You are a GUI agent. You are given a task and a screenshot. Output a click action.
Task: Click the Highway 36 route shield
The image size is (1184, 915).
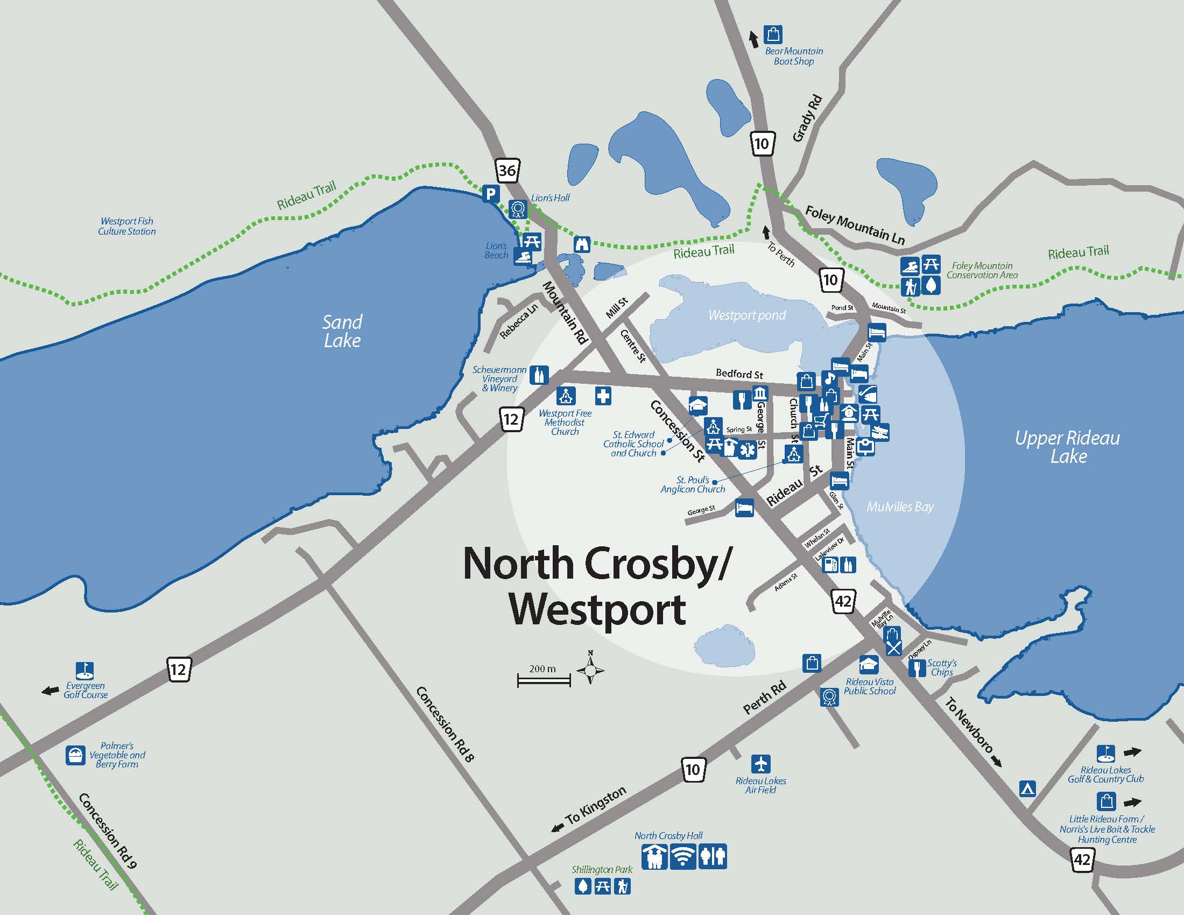(507, 170)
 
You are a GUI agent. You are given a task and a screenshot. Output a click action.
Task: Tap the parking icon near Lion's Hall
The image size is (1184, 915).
(491, 194)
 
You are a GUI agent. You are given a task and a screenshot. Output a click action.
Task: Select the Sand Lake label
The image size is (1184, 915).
(342, 331)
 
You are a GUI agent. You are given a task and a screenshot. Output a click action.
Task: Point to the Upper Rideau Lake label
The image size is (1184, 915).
(1067, 447)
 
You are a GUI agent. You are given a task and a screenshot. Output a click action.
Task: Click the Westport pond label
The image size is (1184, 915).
(746, 315)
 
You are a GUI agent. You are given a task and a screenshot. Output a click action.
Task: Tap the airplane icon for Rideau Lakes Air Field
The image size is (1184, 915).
(761, 764)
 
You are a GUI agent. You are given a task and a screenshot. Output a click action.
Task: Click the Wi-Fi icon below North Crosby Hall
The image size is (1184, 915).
(683, 857)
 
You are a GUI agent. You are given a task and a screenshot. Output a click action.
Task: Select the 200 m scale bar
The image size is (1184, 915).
(544, 680)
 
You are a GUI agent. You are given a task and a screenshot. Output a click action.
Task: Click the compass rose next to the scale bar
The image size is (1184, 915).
(590, 671)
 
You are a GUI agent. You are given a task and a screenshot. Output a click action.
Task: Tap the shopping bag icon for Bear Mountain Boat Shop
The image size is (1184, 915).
(772, 34)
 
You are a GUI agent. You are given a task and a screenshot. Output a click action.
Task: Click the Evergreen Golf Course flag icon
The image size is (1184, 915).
(84, 670)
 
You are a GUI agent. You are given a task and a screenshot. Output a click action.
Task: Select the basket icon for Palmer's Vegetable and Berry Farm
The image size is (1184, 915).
(76, 755)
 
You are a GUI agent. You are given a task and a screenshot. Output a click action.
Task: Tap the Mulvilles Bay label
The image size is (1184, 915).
(900, 507)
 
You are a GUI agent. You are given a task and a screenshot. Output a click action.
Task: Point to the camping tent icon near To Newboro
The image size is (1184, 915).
(1027, 788)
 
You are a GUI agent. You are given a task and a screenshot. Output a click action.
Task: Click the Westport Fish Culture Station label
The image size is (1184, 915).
(127, 226)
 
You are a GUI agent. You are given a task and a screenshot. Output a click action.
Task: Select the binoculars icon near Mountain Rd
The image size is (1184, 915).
(582, 244)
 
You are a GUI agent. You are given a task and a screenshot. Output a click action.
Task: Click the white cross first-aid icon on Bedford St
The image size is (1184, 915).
(603, 396)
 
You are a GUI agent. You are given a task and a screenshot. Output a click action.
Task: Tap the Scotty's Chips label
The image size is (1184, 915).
(942, 667)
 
